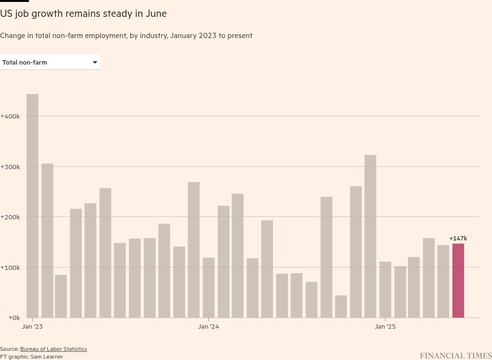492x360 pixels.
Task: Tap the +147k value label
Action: [458, 239]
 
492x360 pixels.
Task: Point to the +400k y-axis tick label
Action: [10, 116]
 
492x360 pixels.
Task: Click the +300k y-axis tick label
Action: [10, 167]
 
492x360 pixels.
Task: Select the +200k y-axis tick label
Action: [10, 217]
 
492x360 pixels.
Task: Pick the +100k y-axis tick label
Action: [10, 267]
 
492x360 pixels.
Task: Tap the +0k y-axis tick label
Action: [10, 318]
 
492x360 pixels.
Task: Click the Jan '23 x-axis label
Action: [32, 327]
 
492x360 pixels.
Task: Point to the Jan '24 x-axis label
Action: [208, 327]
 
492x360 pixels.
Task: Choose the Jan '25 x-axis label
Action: [385, 327]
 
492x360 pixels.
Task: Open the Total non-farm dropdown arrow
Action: [95, 62]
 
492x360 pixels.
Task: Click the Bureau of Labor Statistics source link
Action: [54, 349]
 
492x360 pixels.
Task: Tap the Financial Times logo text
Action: [455, 356]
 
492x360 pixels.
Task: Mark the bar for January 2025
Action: [385, 290]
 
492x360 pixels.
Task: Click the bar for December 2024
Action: [370, 236]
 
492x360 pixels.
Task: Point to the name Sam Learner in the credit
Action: [47, 357]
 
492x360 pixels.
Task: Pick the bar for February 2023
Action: [47, 240]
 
